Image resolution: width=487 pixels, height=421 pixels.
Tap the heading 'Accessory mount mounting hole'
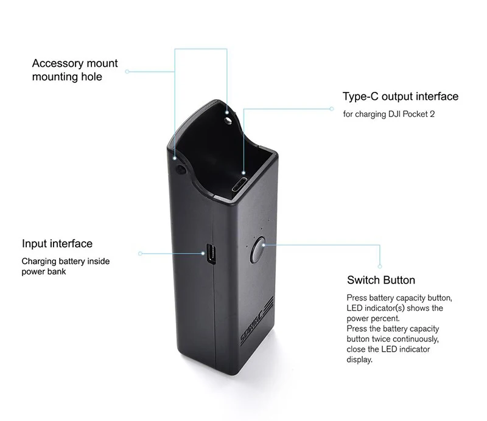click(75, 70)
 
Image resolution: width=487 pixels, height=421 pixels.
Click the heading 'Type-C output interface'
click(400, 97)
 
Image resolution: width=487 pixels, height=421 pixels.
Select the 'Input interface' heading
click(57, 243)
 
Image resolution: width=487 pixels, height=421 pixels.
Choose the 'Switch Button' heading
click(380, 280)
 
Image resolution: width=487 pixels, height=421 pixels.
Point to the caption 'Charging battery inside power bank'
click(66, 266)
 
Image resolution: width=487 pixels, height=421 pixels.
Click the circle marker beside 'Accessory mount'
click(127, 71)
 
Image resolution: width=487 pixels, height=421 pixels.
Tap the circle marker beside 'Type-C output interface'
click(332, 109)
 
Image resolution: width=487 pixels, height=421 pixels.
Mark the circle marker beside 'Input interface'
click(140, 253)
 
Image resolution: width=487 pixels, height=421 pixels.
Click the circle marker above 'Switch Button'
click(380, 266)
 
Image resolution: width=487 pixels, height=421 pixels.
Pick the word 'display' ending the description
click(359, 360)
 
